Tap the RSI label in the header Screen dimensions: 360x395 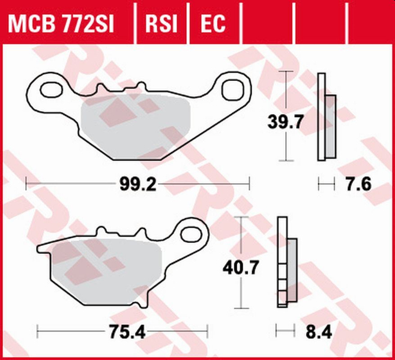[161, 23]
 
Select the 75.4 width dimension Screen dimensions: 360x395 [122, 330]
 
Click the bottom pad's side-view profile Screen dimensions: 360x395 [288, 264]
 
